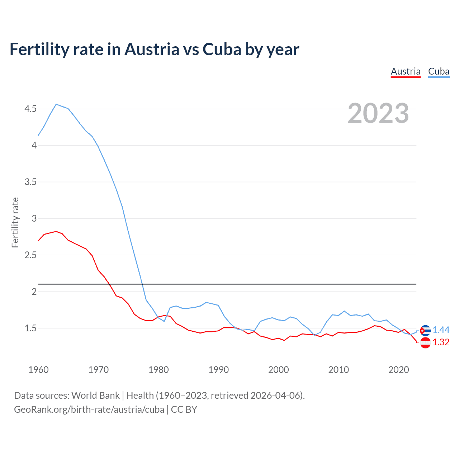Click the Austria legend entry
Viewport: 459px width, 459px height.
[x=406, y=71]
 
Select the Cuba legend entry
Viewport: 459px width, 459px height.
[x=439, y=71]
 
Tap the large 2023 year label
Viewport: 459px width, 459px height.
[x=378, y=113]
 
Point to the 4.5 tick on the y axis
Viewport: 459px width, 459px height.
[x=30, y=109]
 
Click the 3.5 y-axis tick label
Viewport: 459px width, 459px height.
[x=30, y=182]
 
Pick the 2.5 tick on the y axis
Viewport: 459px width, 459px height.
[x=30, y=255]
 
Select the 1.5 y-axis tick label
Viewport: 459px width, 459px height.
[x=30, y=328]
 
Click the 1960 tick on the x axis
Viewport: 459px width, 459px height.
[x=38, y=370]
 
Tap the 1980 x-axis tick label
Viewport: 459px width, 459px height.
[x=158, y=370]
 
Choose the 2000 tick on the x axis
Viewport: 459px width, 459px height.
[x=279, y=370]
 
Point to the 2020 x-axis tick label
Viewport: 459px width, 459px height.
[x=398, y=370]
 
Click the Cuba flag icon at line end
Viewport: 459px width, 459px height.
[x=425, y=330]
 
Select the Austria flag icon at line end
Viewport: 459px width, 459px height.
[x=425, y=343]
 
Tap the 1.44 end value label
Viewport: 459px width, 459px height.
[x=441, y=330]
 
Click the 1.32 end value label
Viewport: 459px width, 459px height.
[x=441, y=342]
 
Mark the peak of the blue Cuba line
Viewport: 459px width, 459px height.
[x=56, y=104]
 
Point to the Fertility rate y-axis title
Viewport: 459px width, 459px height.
[x=15, y=222]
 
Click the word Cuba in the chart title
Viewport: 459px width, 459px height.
[x=222, y=49]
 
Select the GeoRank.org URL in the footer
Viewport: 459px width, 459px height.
[x=89, y=409]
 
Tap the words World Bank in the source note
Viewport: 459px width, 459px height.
[x=95, y=396]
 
